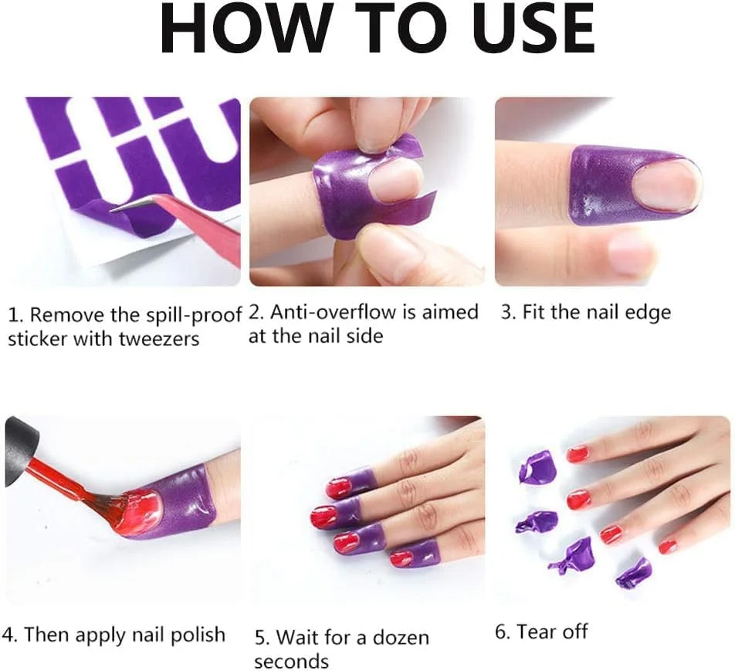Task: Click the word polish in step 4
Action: pyautogui.click(x=198, y=635)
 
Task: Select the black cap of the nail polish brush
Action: pyautogui.click(x=20, y=448)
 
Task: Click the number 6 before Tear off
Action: pyautogui.click(x=502, y=632)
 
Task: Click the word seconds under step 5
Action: pyautogui.click(x=292, y=662)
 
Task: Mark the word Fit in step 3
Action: pyautogui.click(x=535, y=312)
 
